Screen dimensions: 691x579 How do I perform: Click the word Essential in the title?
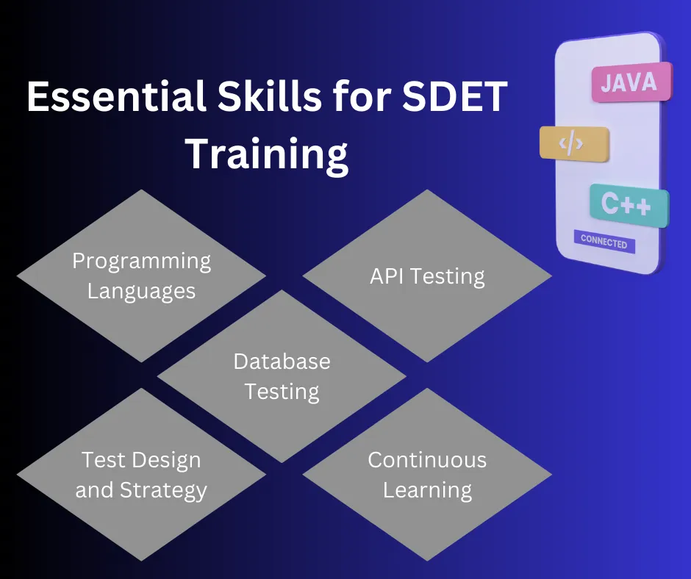[x=116, y=96]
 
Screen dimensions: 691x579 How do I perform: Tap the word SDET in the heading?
[x=455, y=96]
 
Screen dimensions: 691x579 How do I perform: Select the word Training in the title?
[x=267, y=154]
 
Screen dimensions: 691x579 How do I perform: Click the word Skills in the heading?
[x=269, y=96]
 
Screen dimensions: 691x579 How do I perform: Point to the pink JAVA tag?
[x=631, y=82]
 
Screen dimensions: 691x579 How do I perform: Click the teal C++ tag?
[x=629, y=205]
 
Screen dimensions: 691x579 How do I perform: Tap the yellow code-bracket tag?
[x=574, y=144]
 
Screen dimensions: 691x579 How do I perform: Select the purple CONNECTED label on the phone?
[x=604, y=242]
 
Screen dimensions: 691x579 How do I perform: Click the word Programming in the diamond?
[x=141, y=262]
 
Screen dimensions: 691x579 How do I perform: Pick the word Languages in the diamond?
[x=141, y=292]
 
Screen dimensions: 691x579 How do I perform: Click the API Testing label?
[x=427, y=277]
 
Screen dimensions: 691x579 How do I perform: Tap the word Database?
[x=282, y=362]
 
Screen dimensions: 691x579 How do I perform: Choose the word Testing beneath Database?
[x=282, y=392]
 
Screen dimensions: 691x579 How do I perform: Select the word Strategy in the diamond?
[x=163, y=490]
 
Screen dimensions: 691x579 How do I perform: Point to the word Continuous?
[x=427, y=460]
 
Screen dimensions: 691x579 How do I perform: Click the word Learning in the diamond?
[x=427, y=491]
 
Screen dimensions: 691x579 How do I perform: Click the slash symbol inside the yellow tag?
[x=572, y=144]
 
